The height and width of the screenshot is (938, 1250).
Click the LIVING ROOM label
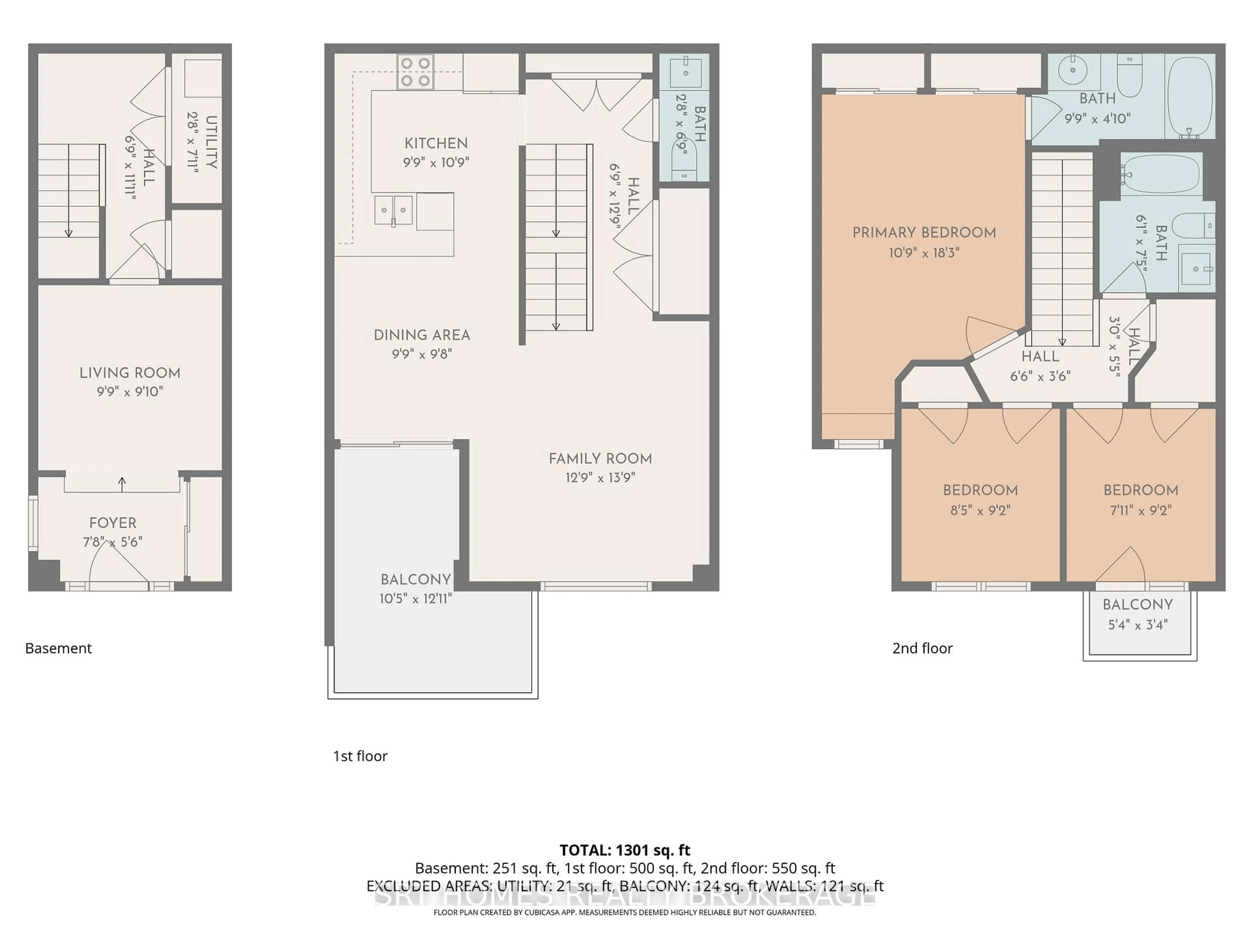pyautogui.click(x=130, y=373)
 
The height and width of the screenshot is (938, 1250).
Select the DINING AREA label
pyautogui.click(x=422, y=335)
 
